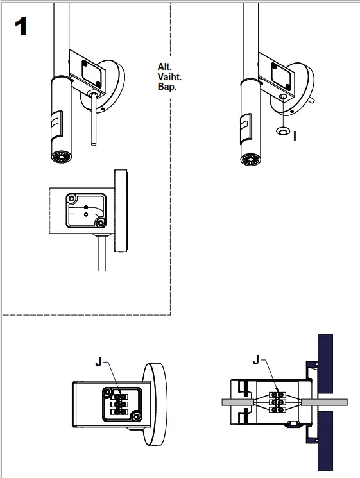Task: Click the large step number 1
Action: pyautogui.click(x=21, y=26)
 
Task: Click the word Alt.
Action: pyautogui.click(x=165, y=67)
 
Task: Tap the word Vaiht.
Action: pyautogui.click(x=169, y=76)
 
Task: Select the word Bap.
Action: pyautogui.click(x=167, y=87)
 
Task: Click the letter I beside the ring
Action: pyautogui.click(x=295, y=135)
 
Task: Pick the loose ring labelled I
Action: pyautogui.click(x=283, y=131)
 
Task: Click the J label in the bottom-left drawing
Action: pyautogui.click(x=98, y=362)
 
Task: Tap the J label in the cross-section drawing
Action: pyautogui.click(x=256, y=360)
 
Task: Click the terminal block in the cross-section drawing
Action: pyautogui.click(x=278, y=402)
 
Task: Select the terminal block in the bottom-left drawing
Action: pyautogui.click(x=120, y=404)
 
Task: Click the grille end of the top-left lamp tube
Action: pyautogui.click(x=62, y=157)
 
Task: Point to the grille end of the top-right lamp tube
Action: pyautogui.click(x=251, y=159)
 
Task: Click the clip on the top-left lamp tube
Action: pyautogui.click(x=56, y=126)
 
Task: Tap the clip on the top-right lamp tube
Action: pyautogui.click(x=246, y=129)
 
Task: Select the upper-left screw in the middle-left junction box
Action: pyautogui.click(x=72, y=199)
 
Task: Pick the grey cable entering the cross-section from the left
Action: pyautogui.click(x=238, y=402)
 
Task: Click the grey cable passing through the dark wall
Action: pyautogui.click(x=324, y=402)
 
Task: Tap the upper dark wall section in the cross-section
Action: pyautogui.click(x=325, y=363)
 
